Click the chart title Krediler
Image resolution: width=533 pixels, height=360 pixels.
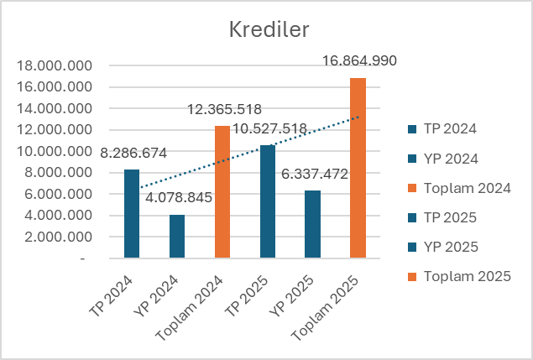point(269,29)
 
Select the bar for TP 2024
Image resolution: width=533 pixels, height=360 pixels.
point(132,214)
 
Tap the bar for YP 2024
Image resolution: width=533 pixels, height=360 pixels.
point(177,237)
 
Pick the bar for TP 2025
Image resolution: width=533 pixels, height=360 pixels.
point(268,201)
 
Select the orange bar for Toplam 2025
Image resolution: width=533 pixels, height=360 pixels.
point(358,168)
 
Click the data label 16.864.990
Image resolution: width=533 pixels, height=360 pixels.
point(358,60)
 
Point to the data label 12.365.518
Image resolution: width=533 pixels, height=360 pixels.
point(223,109)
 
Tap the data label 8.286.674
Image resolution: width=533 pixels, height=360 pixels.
point(133,153)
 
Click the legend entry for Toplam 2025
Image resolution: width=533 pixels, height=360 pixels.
point(467,276)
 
